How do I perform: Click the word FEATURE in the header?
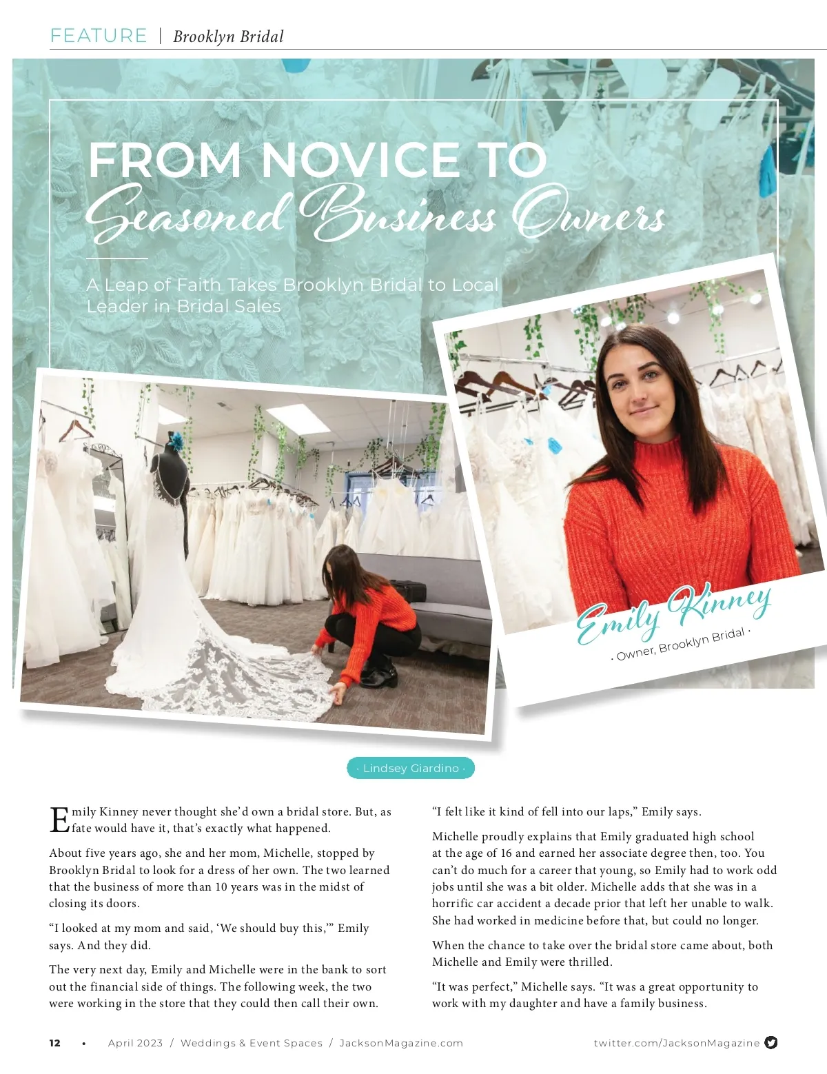coord(99,36)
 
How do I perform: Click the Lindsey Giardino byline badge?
coord(411,768)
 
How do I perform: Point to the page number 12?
coord(55,1043)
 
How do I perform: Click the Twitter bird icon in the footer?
coord(771,1042)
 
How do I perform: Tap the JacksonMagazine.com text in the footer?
coord(401,1043)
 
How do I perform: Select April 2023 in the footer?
coord(135,1043)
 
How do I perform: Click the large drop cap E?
coord(59,820)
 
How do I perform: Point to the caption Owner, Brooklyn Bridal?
coord(680,644)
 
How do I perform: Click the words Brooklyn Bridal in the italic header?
coord(228,37)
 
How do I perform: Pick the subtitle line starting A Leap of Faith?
coord(292,285)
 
